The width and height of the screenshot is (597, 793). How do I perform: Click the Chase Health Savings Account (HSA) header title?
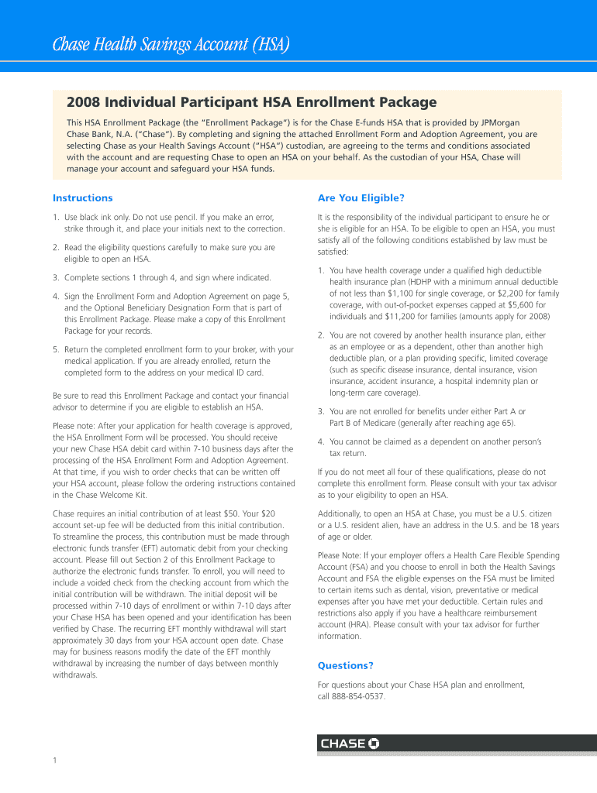click(x=171, y=46)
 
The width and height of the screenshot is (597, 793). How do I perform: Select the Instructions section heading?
click(x=83, y=198)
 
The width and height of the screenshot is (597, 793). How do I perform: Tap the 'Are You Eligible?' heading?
click(x=361, y=198)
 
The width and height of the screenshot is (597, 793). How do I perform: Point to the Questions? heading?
click(x=346, y=665)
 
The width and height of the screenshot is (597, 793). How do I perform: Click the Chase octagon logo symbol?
click(x=374, y=743)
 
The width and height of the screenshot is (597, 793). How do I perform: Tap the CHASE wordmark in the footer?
click(x=343, y=743)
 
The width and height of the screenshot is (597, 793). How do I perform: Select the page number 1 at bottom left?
click(x=56, y=760)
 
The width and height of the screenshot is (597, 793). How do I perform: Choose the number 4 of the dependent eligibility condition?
click(x=320, y=441)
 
